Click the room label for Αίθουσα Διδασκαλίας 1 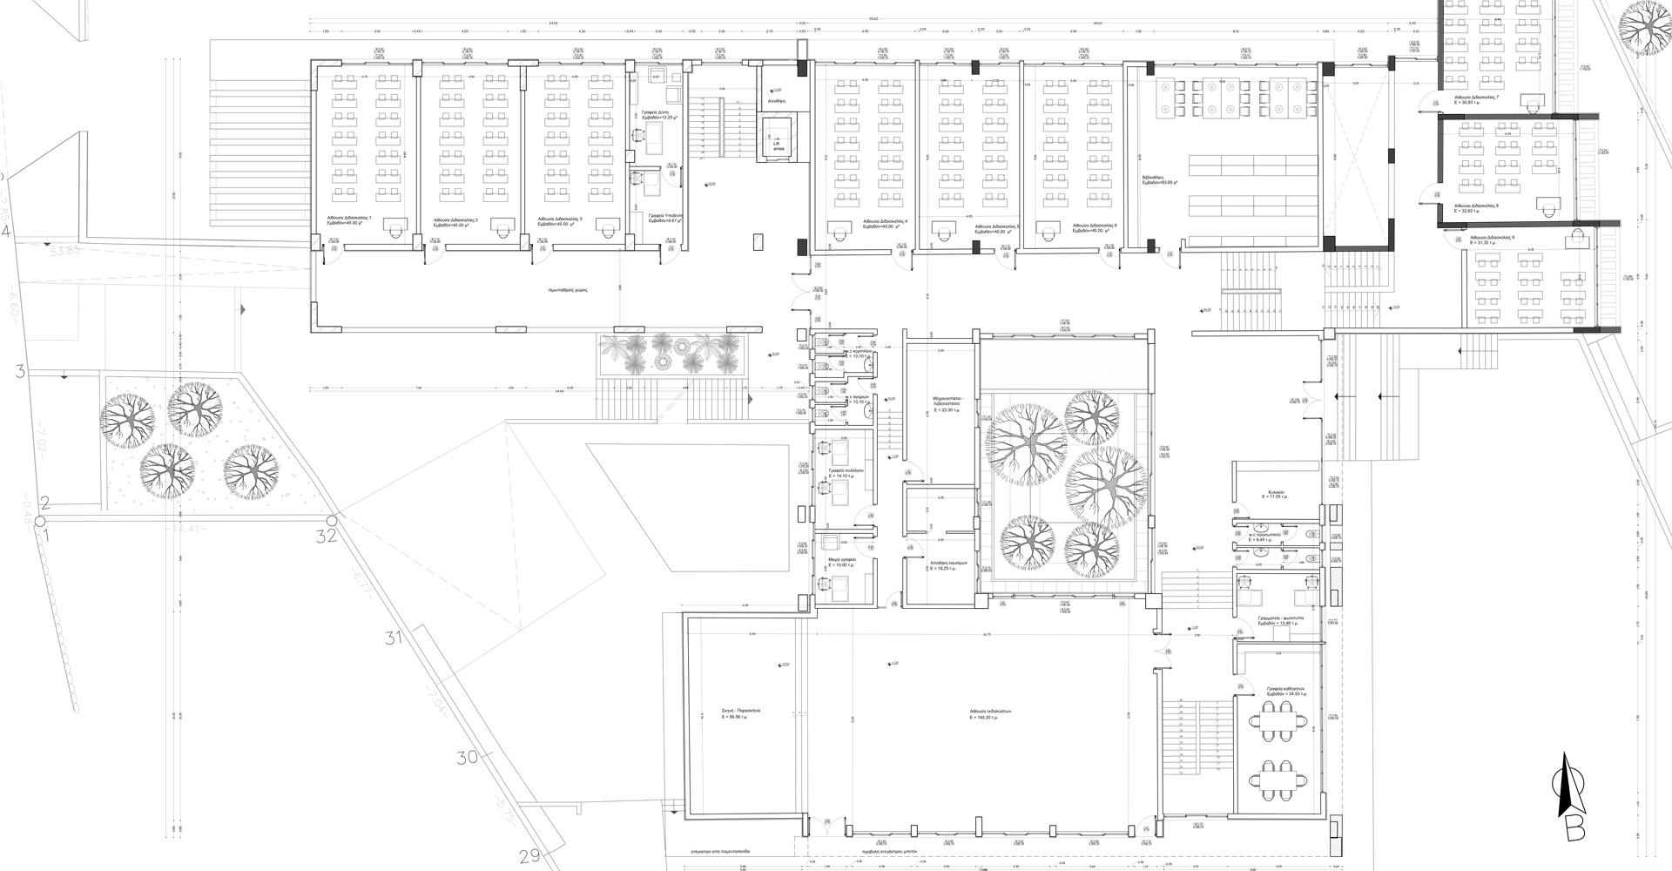click(x=349, y=219)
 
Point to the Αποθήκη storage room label click(x=778, y=101)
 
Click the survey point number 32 click(x=327, y=536)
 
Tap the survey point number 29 click(x=529, y=856)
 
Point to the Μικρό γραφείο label click(x=842, y=561)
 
